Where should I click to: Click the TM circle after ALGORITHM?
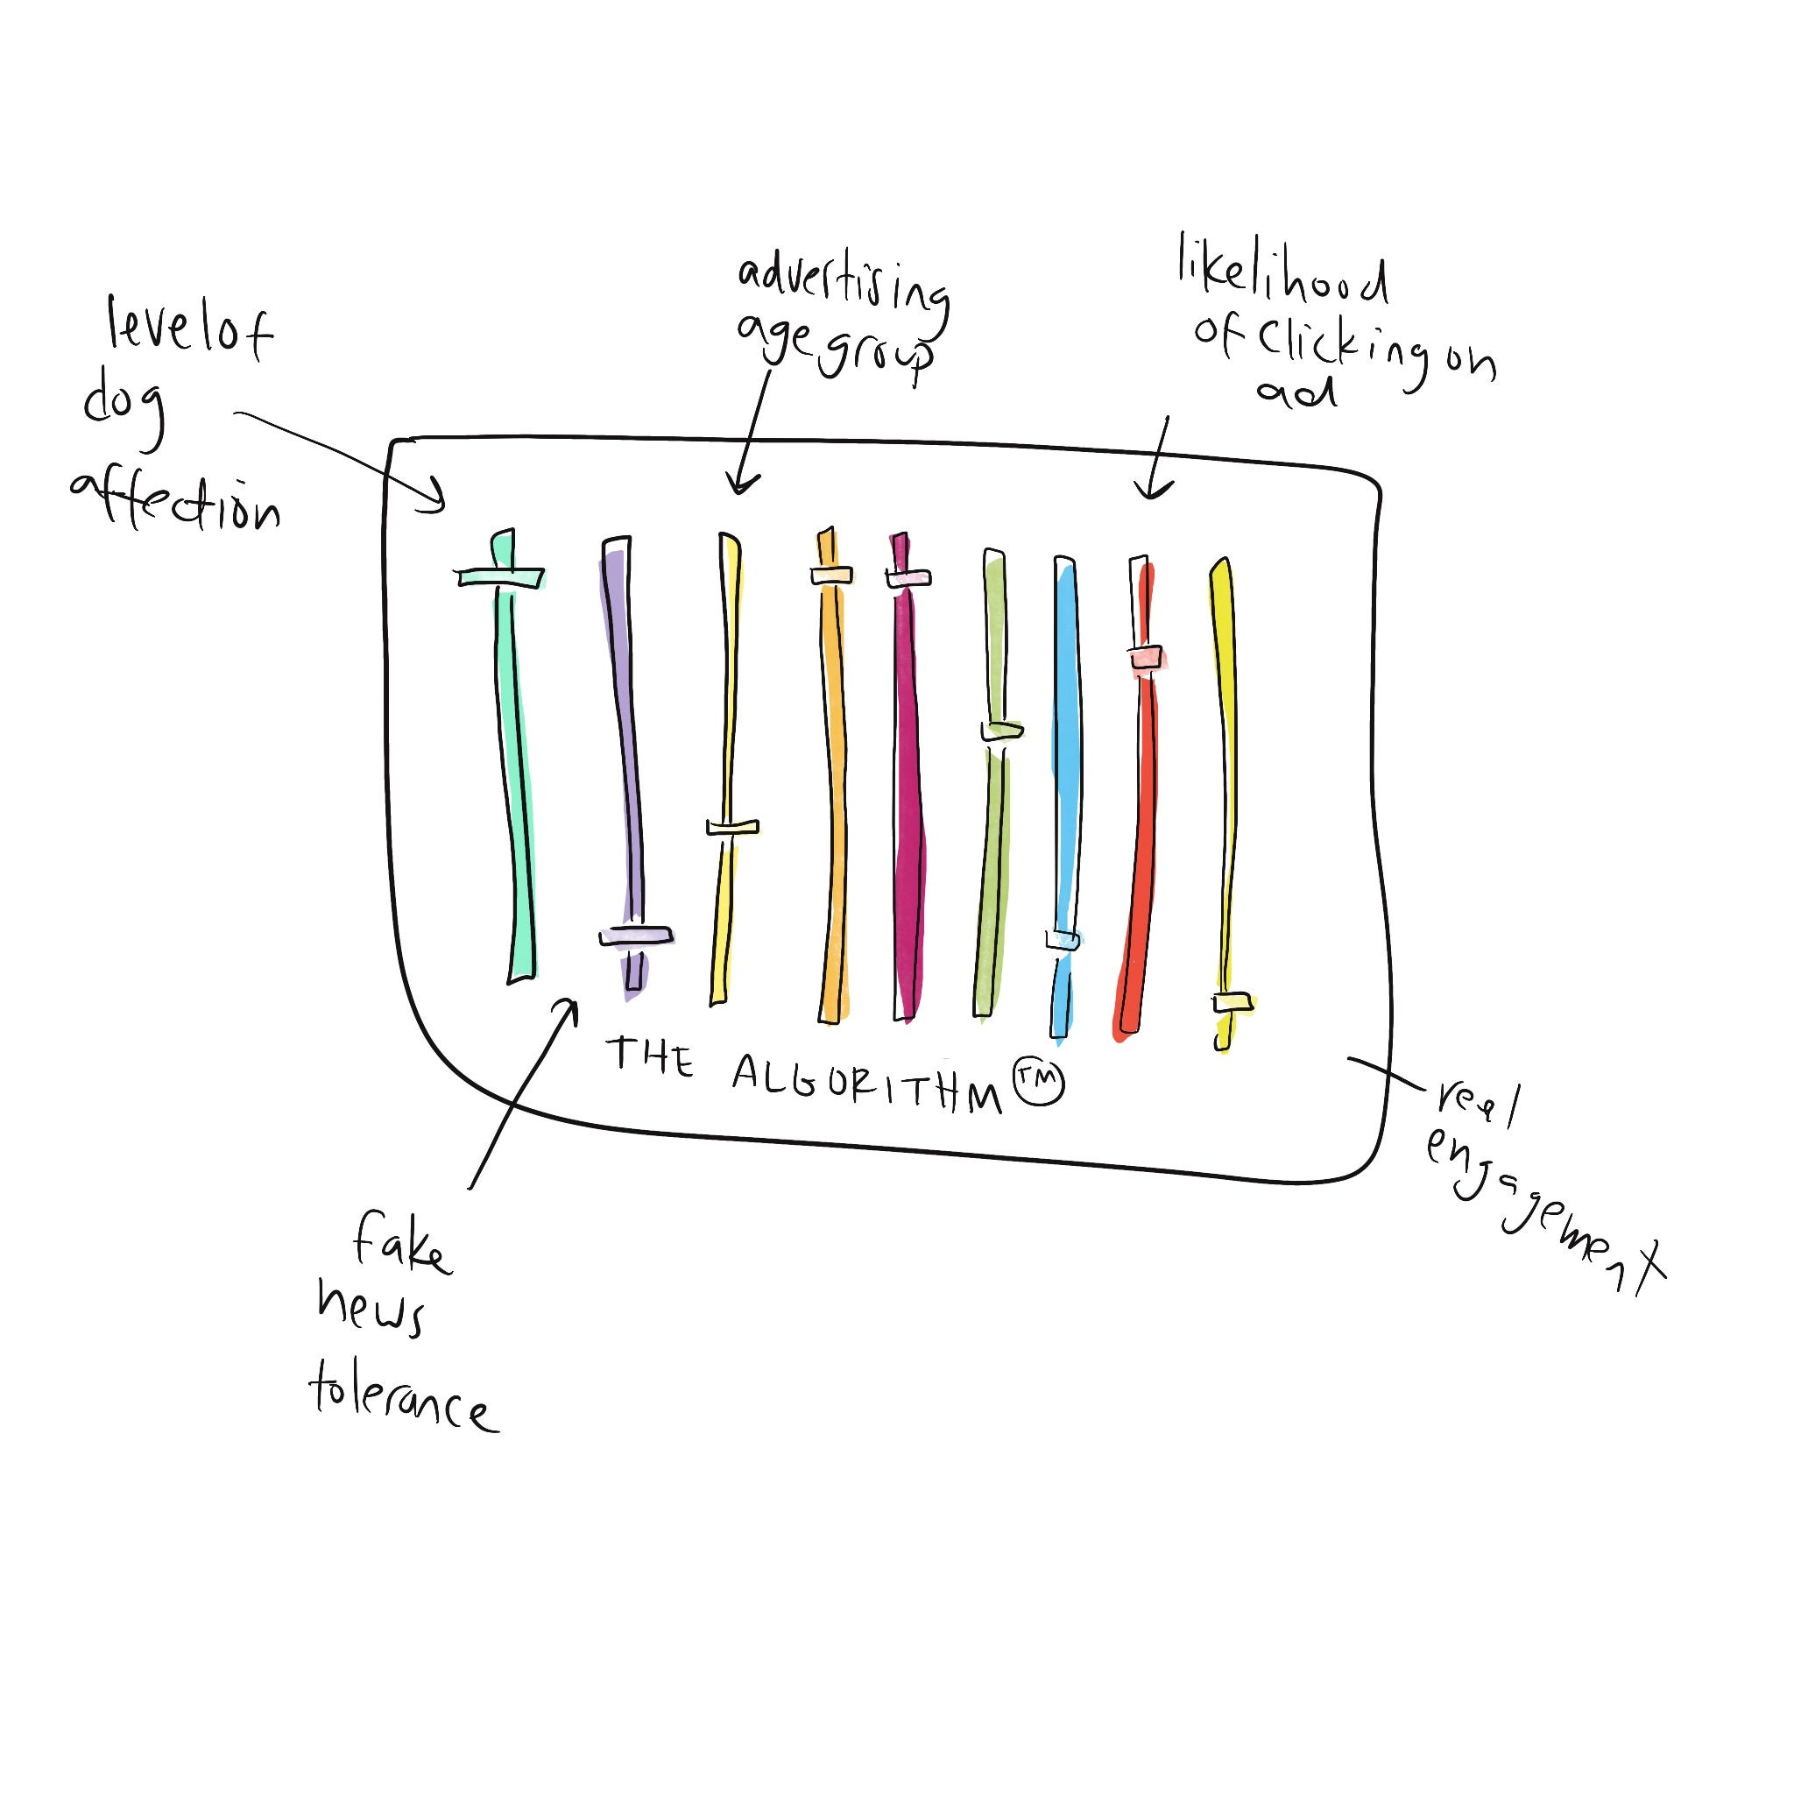click(1038, 1082)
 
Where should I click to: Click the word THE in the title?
click(650, 1057)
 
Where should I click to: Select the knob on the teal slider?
click(501, 576)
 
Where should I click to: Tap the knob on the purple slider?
click(636, 936)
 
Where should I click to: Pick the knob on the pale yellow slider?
click(731, 827)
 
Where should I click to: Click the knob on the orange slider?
click(831, 576)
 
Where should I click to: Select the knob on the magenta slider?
click(908, 578)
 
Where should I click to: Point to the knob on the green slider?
click(1001, 731)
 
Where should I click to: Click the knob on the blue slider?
click(1063, 941)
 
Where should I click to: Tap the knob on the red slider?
click(1148, 656)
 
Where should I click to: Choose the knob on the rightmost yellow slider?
click(1232, 1003)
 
